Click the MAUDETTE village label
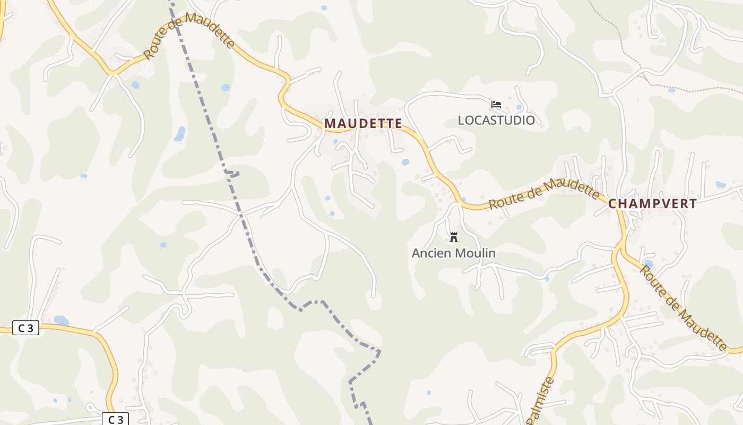(363, 123)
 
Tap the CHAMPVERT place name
(652, 203)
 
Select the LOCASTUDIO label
(496, 120)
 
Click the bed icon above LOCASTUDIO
(496, 104)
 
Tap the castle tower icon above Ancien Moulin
(453, 237)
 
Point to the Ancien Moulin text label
(454, 253)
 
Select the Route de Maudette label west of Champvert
(543, 193)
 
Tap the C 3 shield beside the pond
(25, 328)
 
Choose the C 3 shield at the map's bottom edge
(115, 419)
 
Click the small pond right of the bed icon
(519, 107)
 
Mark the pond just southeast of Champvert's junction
(648, 264)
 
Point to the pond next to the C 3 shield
(61, 321)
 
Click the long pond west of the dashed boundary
(180, 134)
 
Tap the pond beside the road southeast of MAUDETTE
(405, 162)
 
